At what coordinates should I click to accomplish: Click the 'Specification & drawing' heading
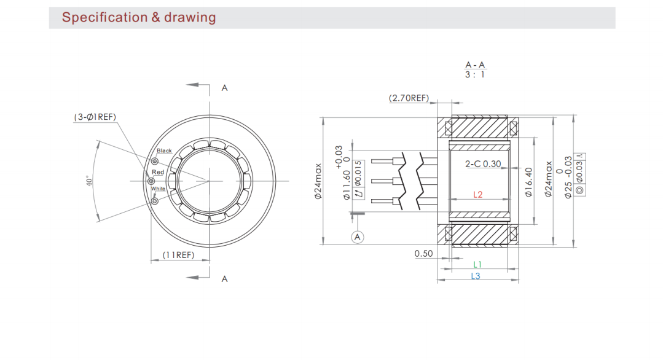pyautogui.click(x=139, y=17)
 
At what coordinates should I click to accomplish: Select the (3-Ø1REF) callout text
pyautogui.click(x=95, y=117)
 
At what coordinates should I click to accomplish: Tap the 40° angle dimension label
pyautogui.click(x=89, y=181)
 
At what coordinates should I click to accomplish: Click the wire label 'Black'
pyautogui.click(x=164, y=151)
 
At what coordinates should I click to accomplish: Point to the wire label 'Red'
pyautogui.click(x=158, y=172)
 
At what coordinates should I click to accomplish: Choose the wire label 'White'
pyautogui.click(x=158, y=189)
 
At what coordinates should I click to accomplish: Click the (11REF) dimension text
pyautogui.click(x=178, y=255)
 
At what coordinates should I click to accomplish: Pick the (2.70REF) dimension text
pyautogui.click(x=409, y=98)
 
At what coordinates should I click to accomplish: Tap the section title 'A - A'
pyautogui.click(x=475, y=65)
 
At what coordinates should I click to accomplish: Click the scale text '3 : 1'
pyautogui.click(x=475, y=75)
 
